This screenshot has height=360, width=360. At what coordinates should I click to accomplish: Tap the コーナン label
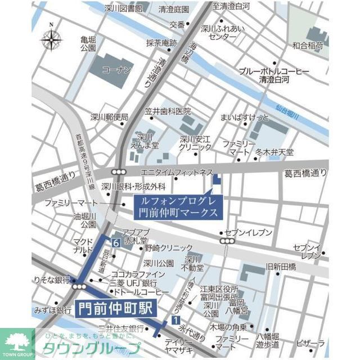click(117, 70)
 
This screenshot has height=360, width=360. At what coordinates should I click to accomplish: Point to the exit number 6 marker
click(115, 243)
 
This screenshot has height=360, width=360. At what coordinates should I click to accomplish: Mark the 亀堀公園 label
click(88, 44)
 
